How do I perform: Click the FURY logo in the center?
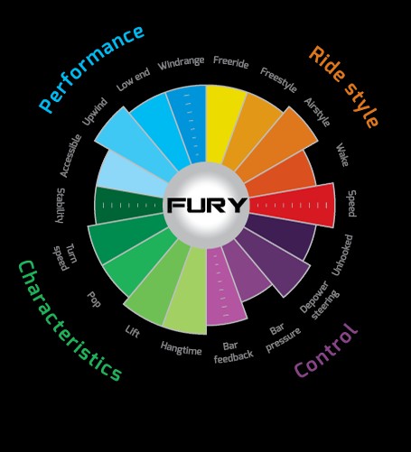point(207,205)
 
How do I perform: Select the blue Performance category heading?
point(91,69)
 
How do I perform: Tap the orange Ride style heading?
point(344,87)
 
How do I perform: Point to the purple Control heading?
point(326,351)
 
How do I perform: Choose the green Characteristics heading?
point(70,321)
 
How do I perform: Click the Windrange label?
point(181,63)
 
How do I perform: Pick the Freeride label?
point(231,62)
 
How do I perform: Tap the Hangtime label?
point(181,348)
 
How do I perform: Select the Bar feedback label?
point(233,352)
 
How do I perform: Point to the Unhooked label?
point(341,255)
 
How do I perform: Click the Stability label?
point(61,206)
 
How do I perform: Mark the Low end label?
point(133,79)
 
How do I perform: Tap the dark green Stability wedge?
point(128,206)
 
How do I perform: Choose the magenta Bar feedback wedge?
point(224,286)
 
